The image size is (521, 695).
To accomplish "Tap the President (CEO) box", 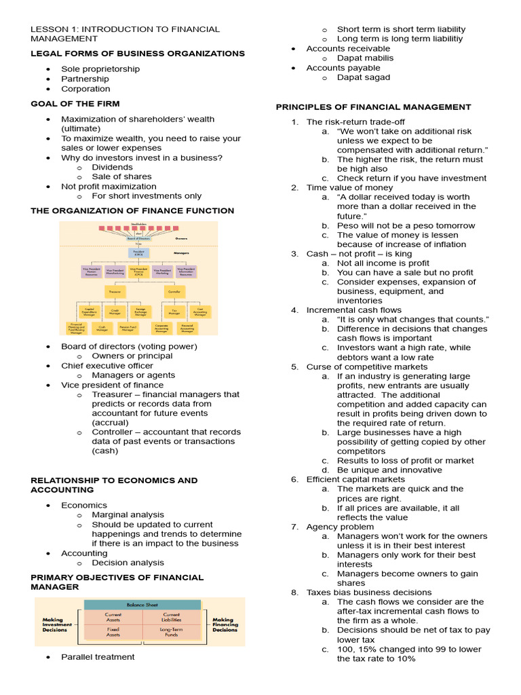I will pos(138,252).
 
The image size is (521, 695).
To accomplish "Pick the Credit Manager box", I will pos(115,312).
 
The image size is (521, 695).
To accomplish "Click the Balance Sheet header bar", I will pos(142,604).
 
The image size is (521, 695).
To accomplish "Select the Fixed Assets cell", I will pos(113,631).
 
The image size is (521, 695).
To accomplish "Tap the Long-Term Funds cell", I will pos(171,631).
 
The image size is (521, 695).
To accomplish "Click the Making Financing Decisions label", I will pos(225,624).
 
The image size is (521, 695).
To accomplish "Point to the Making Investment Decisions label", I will pos(55,624).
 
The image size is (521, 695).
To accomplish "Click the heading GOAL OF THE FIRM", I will pos(75,104).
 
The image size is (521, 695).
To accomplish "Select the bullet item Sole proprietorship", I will pos(100,69).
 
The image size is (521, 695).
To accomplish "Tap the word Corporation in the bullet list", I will pos(85,88).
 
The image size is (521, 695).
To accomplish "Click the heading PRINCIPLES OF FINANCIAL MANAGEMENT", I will pos(373,107).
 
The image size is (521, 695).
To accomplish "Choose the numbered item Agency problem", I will pos(340,527).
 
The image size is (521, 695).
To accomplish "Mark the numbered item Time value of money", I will pos(349,187).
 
